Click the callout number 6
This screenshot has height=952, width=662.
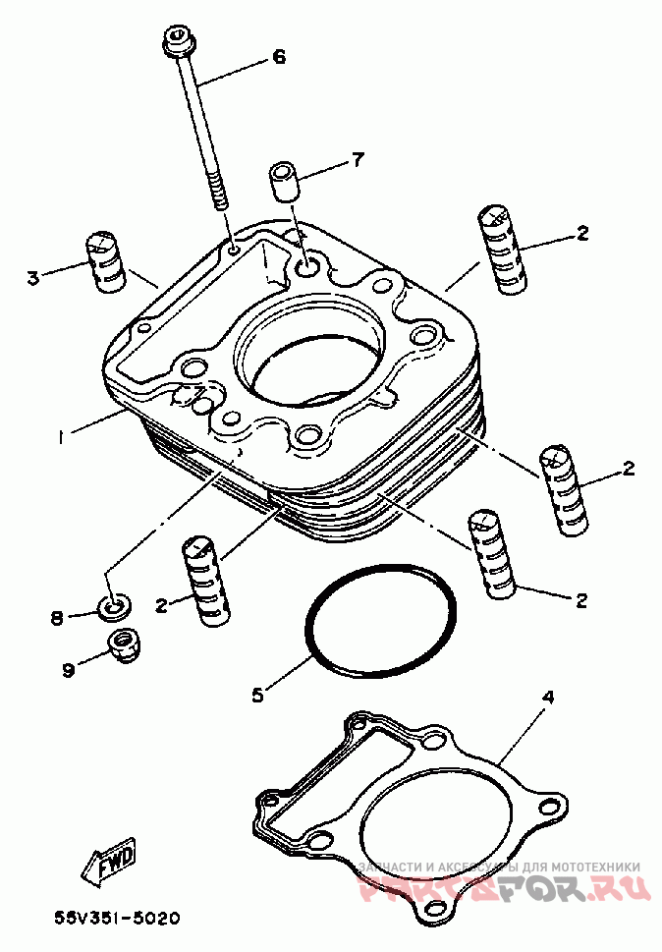click(x=279, y=57)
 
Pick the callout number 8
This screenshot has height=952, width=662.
click(x=57, y=618)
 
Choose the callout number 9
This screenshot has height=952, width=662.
click(x=68, y=670)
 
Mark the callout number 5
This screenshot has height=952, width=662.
click(x=257, y=695)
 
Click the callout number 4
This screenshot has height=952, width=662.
click(x=548, y=698)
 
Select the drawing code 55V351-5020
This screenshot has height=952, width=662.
click(x=118, y=920)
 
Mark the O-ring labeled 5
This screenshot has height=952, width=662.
click(x=380, y=622)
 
